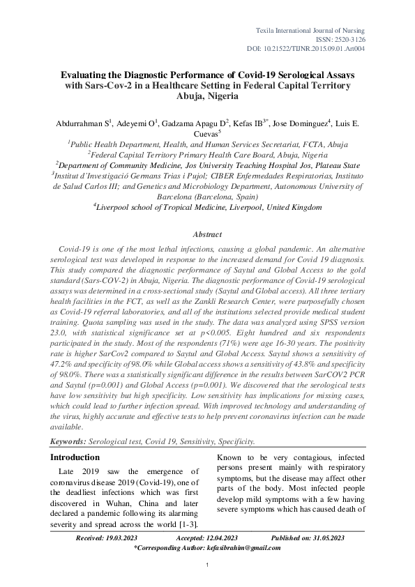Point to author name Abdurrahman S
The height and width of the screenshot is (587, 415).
(x=82, y=124)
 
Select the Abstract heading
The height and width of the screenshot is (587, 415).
(x=206, y=234)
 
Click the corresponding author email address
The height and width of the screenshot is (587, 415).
(x=243, y=548)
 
